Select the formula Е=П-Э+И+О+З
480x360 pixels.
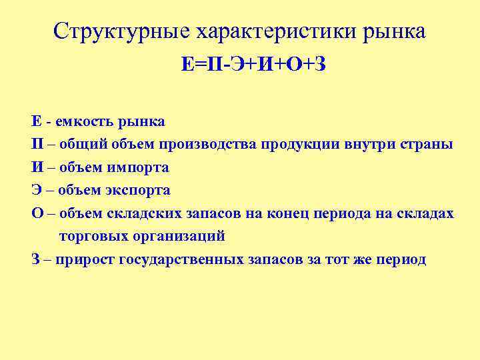tap(253, 65)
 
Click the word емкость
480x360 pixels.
tap(86, 122)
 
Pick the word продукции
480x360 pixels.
tap(294, 145)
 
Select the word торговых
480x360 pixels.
tap(89, 236)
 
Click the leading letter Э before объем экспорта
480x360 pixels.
tap(37, 190)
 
